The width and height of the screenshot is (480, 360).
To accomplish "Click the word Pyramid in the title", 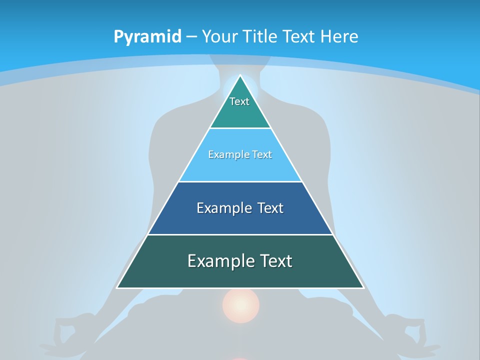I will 147,37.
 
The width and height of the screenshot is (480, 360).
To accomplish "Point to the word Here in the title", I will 339,37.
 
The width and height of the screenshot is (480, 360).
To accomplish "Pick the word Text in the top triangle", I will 239,101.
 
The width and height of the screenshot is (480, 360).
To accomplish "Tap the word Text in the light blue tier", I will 262,154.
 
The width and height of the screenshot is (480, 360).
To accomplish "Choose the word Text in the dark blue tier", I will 270,208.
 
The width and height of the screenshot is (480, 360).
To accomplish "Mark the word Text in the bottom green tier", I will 275,261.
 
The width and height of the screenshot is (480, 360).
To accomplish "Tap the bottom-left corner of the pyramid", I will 117,287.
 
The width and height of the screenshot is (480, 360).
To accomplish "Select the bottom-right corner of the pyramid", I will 363,287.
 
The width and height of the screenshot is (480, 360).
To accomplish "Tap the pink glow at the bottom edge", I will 240,358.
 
